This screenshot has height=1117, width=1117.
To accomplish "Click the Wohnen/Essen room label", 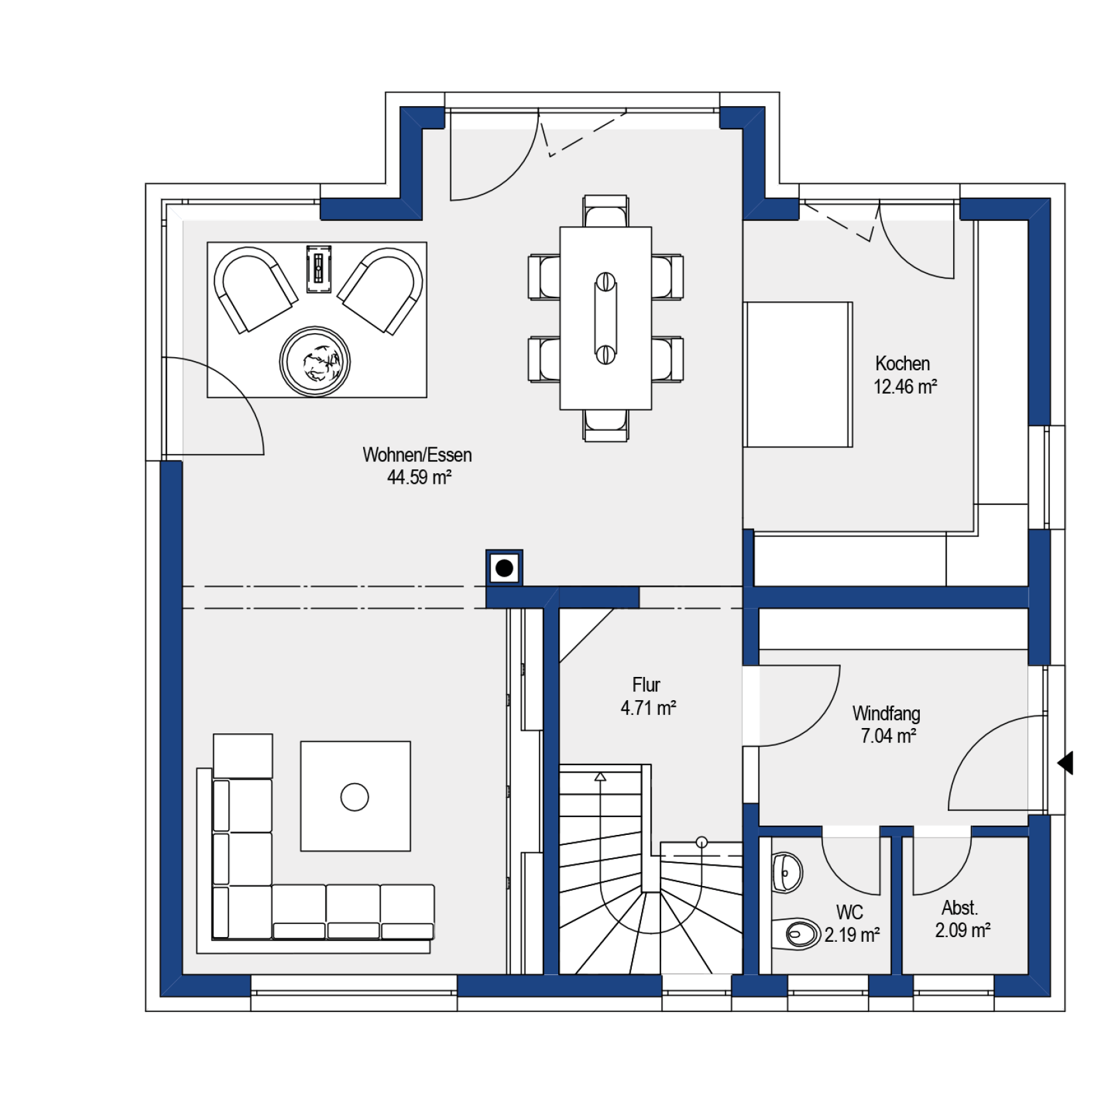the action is [417, 455].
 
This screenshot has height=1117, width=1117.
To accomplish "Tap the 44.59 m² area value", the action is [419, 477].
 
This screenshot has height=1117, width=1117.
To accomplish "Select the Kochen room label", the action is [903, 363].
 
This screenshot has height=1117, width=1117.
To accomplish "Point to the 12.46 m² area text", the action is [905, 386].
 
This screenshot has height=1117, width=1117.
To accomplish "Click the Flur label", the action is [646, 684].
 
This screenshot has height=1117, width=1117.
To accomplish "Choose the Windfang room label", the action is [886, 713].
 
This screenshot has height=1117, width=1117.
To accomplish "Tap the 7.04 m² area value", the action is [889, 736].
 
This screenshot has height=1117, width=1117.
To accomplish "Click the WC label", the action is [850, 912].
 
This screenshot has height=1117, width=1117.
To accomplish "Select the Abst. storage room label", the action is [960, 907].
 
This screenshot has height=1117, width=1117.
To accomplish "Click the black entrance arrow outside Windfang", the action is [1066, 763].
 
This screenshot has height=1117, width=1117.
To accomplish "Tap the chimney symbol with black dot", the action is [504, 568].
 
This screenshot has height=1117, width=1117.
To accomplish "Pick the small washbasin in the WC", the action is [787, 872].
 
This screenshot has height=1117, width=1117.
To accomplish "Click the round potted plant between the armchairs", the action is [315, 361].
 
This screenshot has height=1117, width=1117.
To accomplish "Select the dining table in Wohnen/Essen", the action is [605, 318].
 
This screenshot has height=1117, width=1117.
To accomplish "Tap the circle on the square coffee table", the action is [354, 796].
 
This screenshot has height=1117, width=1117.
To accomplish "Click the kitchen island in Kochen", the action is [798, 374].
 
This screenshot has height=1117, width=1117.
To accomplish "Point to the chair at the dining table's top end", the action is [605, 212].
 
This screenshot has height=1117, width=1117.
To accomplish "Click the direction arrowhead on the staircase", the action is [600, 776].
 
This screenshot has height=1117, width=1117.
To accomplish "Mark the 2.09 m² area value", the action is [963, 930].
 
